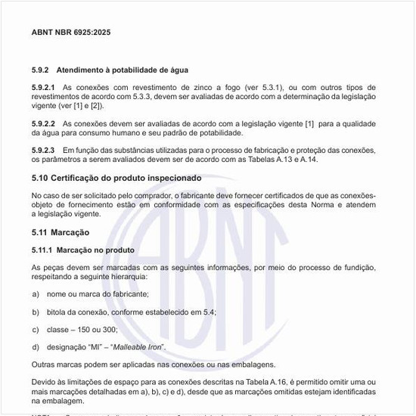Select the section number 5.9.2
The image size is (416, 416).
[x=42, y=70]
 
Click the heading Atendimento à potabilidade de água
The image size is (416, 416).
[x=123, y=70]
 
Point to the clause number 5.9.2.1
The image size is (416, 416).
[x=44, y=88]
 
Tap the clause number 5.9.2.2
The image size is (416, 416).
[x=44, y=123]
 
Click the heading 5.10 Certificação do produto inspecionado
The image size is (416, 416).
[x=116, y=178]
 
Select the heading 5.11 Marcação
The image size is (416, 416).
[x=61, y=232]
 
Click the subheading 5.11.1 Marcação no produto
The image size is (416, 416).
[x=83, y=250]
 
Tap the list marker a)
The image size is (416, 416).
[x=36, y=293]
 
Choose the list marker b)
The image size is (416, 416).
[x=36, y=312]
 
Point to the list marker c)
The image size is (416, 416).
[x=36, y=329]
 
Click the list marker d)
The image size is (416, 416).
[x=36, y=346]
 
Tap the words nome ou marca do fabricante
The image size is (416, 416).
[x=98, y=293]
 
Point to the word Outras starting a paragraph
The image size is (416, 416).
[x=44, y=365]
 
